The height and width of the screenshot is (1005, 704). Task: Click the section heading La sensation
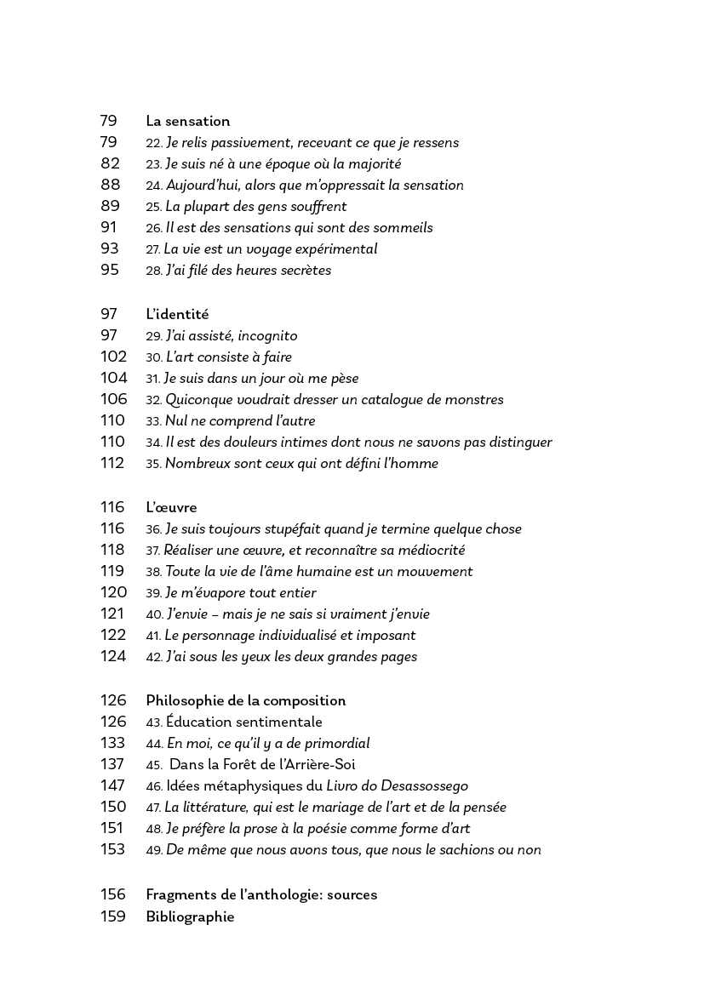click(x=187, y=122)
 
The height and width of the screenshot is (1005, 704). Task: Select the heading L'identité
click(x=177, y=315)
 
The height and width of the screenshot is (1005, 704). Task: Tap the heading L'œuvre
click(x=171, y=508)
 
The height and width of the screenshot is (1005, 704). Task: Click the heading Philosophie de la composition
click(x=246, y=701)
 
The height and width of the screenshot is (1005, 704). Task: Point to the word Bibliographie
click(x=190, y=917)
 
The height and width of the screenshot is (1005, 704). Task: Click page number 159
click(x=113, y=917)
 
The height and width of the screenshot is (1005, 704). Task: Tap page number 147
click(x=113, y=785)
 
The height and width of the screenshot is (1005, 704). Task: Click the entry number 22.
click(x=154, y=144)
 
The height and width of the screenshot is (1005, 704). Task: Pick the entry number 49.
click(x=154, y=850)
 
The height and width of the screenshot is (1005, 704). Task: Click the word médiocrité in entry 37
click(x=427, y=551)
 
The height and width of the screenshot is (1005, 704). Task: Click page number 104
click(x=113, y=379)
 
